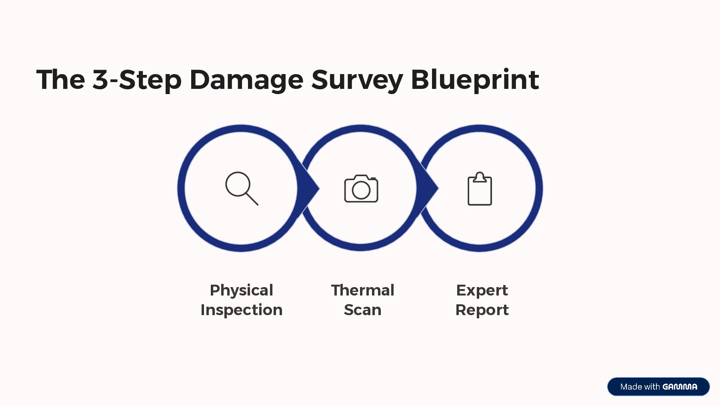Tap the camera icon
(361, 189)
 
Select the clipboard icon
(480, 189)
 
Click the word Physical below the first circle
(241, 290)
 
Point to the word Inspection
(241, 310)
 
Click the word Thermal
(362, 290)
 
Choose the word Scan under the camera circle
(362, 310)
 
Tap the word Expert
(482, 290)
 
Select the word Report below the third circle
(482, 310)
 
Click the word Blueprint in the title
(475, 79)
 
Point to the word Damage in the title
(246, 79)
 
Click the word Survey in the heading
(357, 79)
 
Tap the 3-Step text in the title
(137, 79)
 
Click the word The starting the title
(60, 79)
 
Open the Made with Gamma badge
(658, 386)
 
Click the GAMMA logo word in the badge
(680, 387)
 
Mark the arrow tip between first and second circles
(314, 188)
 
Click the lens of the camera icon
(361, 191)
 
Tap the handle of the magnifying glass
(252, 199)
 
